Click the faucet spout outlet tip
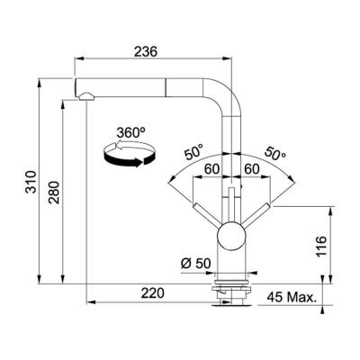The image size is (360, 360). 85,94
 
